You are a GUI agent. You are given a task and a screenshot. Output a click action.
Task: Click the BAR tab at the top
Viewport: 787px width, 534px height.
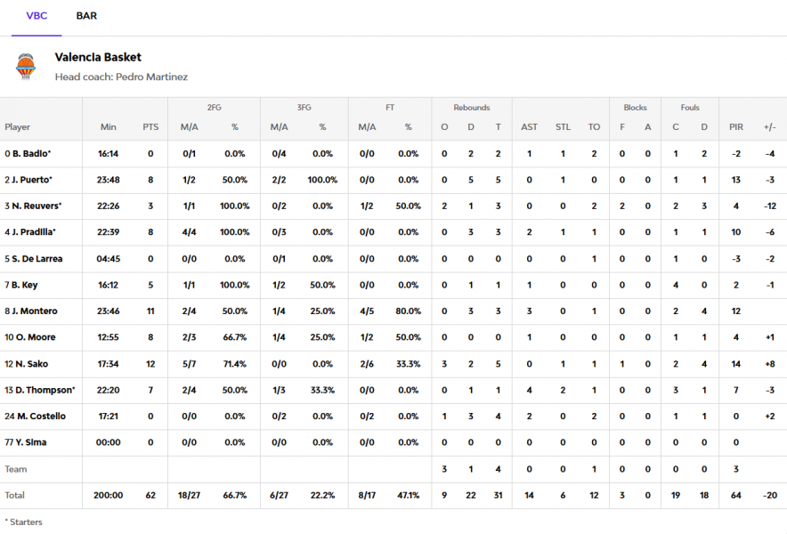[x=86, y=16]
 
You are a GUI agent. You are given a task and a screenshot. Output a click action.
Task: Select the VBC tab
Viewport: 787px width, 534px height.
[x=37, y=16]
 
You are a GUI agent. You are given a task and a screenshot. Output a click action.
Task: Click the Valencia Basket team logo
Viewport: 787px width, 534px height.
[x=27, y=67]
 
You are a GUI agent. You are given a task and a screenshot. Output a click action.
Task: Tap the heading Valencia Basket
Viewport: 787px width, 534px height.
[x=98, y=57]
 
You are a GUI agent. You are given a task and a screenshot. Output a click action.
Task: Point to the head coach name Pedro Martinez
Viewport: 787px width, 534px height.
[x=151, y=77]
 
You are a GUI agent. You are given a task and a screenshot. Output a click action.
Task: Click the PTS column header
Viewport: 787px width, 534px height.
[x=150, y=127]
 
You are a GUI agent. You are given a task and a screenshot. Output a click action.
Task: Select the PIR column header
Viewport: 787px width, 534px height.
[x=735, y=127]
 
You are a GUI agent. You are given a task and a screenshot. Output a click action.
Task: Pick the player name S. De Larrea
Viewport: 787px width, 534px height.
[x=36, y=259]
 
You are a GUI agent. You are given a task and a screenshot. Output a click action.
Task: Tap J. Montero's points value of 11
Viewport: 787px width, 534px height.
[x=150, y=311]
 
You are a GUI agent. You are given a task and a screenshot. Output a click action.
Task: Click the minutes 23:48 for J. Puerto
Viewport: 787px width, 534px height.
[x=109, y=180]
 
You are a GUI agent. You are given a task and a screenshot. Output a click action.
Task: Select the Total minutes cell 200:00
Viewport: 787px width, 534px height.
[x=109, y=495]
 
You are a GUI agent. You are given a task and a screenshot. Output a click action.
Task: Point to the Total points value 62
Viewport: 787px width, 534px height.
[x=150, y=495]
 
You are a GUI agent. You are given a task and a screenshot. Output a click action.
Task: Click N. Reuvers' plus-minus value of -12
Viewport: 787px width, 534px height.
[x=769, y=206]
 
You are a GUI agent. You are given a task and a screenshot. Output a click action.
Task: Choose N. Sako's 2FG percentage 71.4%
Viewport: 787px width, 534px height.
[x=235, y=363]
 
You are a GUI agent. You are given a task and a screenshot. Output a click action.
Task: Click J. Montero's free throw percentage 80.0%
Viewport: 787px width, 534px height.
[x=408, y=311]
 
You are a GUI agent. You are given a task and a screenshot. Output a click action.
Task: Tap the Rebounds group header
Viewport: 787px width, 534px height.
[x=471, y=108]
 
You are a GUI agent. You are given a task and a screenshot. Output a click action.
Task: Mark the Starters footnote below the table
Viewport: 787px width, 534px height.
[x=23, y=522]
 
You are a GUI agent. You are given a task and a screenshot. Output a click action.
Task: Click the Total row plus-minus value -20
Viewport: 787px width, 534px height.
[x=769, y=495]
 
